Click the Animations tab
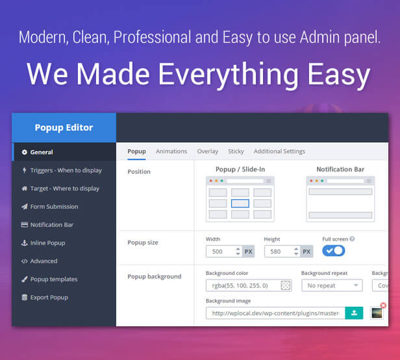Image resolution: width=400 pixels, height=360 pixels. tap(171, 151)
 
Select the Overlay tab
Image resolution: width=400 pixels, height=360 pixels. tap(207, 151)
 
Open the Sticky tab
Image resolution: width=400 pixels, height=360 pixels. tap(236, 151)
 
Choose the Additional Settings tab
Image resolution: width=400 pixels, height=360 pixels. tap(279, 151)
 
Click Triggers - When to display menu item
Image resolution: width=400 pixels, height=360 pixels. tap(62, 170)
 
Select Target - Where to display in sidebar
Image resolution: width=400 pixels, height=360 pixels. tap(60, 189)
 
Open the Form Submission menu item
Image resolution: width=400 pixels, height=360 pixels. tap(50, 207)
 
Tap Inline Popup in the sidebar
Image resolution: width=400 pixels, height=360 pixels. tap(43, 243)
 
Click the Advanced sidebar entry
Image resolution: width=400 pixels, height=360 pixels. tap(40, 261)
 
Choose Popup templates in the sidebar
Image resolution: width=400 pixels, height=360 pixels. tap(49, 279)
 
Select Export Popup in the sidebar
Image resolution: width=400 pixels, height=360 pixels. tap(45, 297)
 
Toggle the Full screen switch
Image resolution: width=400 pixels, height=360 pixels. tap(333, 250)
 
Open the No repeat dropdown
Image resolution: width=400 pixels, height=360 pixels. tap(332, 285)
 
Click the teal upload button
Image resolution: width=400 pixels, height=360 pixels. tap(354, 313)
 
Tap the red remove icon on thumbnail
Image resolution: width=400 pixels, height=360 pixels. tap(383, 306)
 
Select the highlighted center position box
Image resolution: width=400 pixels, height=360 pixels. tap(240, 203)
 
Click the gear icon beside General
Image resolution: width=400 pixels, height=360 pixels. tap(24, 152)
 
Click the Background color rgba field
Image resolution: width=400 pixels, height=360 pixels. tap(249, 285)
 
